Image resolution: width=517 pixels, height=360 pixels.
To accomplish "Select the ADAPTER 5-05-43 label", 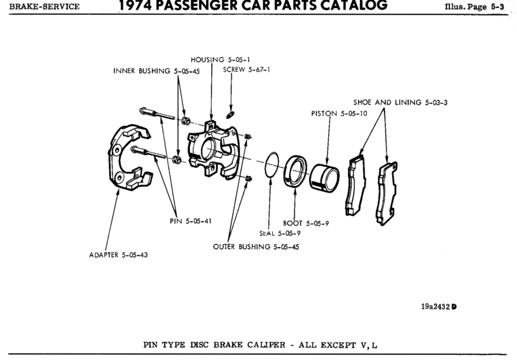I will click(x=118, y=254).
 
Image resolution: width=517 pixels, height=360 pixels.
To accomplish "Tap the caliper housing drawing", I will click(x=213, y=149).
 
